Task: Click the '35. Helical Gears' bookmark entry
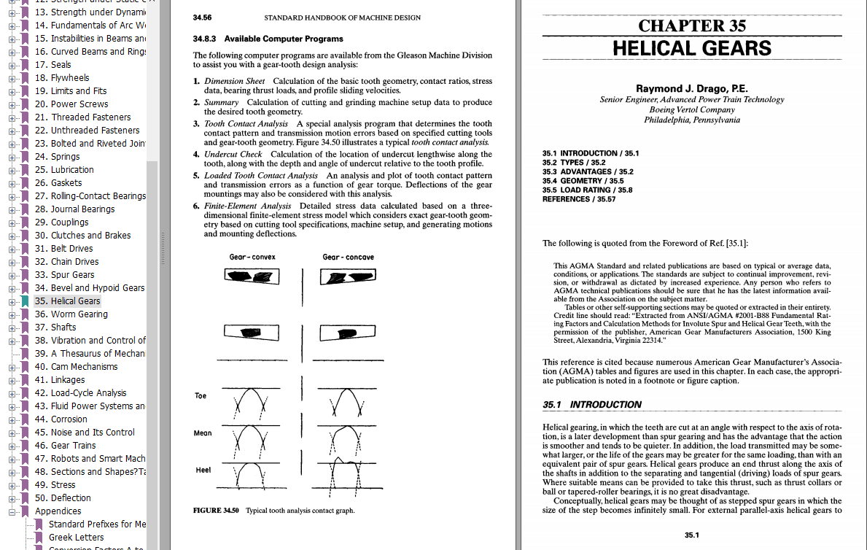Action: (x=67, y=301)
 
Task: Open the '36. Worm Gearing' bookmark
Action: (x=71, y=314)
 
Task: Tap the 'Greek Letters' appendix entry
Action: (x=76, y=538)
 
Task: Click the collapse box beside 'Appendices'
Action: (x=12, y=511)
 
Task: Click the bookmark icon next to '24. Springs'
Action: (x=26, y=157)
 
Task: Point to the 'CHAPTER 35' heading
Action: (x=692, y=26)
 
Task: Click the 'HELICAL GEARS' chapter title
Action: (x=691, y=49)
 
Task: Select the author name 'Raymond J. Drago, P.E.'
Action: (x=691, y=88)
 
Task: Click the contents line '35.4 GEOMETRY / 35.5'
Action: (x=583, y=181)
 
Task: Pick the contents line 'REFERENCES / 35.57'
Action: (x=579, y=199)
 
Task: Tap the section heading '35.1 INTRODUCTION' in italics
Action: (x=592, y=405)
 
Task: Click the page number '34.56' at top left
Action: (x=203, y=18)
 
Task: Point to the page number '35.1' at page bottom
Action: (x=692, y=535)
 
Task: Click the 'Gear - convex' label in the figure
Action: (x=252, y=257)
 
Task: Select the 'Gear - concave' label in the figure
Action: (x=348, y=257)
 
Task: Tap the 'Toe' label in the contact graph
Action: (x=201, y=396)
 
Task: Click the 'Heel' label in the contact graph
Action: (x=203, y=470)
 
